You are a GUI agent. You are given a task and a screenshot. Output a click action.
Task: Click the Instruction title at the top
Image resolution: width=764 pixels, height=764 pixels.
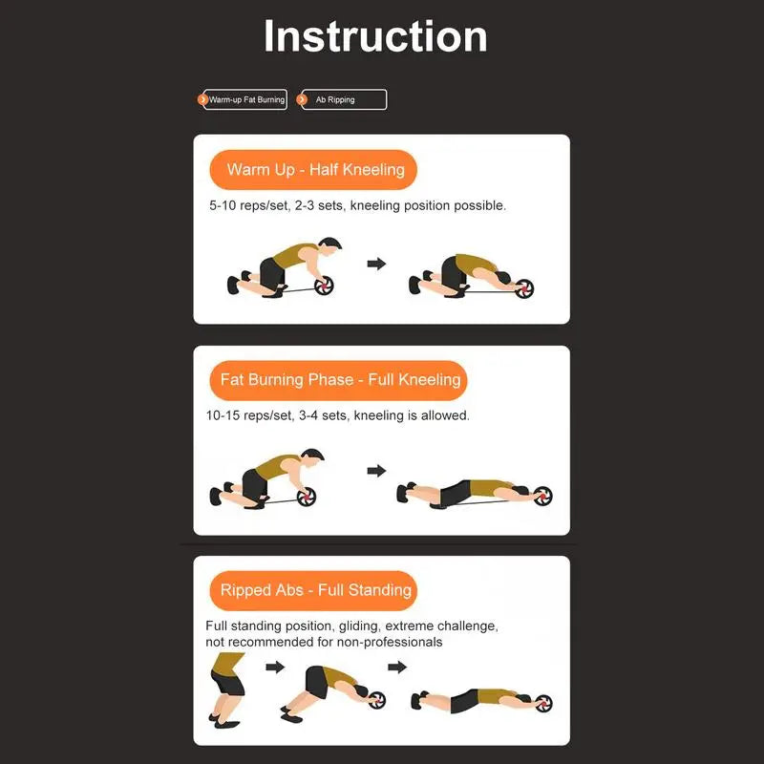point(375,36)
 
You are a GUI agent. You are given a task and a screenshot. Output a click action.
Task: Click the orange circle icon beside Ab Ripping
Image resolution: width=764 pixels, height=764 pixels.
point(302,100)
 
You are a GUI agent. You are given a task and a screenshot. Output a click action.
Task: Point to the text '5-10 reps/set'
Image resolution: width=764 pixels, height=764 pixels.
point(248,205)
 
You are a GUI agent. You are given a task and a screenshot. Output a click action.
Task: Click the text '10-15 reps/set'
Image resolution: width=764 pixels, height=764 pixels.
point(249,415)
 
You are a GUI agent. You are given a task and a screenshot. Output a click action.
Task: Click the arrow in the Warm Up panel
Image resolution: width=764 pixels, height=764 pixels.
point(376,264)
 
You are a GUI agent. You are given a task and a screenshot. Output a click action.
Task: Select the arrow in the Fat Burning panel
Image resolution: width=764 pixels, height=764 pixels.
point(376,471)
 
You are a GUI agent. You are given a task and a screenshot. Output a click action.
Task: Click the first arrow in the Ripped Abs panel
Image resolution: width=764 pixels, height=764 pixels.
point(275,667)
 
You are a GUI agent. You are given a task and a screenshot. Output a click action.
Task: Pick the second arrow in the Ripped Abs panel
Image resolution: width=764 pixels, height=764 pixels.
point(397,667)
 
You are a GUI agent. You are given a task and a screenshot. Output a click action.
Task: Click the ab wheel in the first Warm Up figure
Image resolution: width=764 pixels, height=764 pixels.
point(324,286)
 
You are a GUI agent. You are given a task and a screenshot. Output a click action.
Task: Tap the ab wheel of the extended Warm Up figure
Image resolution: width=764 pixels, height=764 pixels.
point(524,288)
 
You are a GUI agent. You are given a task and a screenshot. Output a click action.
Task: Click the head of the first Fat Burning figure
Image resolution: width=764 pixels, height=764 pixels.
point(312,457)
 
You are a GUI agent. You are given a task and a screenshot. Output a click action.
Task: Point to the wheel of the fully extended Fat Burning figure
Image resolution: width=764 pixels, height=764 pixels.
point(542,496)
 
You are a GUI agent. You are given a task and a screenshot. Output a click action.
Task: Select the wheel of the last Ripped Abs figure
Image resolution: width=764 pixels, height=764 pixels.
point(543,704)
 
